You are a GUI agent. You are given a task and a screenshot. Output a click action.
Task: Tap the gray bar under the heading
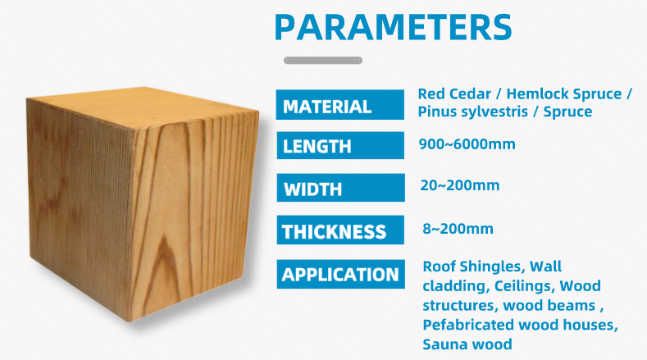pos(322,60)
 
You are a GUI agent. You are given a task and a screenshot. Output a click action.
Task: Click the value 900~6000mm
pos(467,144)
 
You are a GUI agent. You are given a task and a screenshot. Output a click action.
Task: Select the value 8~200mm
pos(458,228)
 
